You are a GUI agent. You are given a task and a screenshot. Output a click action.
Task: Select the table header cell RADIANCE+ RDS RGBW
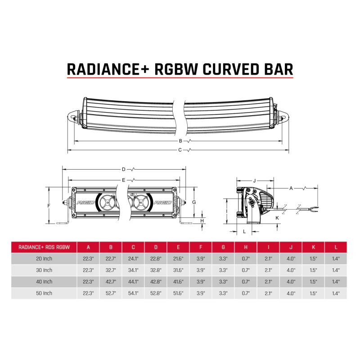pyautogui.click(x=44, y=247)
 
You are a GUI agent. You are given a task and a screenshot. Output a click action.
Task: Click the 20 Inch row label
pyautogui.click(x=44, y=258)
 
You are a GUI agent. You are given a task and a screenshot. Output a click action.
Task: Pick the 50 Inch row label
pyautogui.click(x=44, y=293)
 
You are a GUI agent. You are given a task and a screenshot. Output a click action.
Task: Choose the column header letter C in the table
pyautogui.click(x=134, y=247)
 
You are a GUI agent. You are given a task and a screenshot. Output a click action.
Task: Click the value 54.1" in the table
pyautogui.click(x=134, y=293)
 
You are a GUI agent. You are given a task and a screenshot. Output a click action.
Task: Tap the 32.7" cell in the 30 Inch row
pyautogui.click(x=111, y=270)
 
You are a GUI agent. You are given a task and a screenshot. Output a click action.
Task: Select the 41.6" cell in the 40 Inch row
pyautogui.click(x=179, y=282)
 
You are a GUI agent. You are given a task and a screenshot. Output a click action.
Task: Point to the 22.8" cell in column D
pyautogui.click(x=156, y=258)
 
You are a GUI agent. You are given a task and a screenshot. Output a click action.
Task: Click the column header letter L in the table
pyautogui.click(x=336, y=247)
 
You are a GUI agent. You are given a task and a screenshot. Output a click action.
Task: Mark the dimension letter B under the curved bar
pyautogui.click(x=181, y=141)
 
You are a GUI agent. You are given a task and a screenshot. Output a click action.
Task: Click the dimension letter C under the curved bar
pyautogui.click(x=180, y=150)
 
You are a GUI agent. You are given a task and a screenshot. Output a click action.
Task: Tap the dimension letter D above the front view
pyautogui.click(x=124, y=170)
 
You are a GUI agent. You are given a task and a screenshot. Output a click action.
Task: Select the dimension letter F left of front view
pyautogui.click(x=49, y=205)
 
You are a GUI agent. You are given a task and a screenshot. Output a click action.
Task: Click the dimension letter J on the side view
pyautogui.click(x=254, y=181)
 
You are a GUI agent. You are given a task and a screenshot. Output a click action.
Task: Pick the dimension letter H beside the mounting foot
pyautogui.click(x=202, y=220)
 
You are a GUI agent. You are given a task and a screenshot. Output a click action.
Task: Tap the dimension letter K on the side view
pyautogui.click(x=277, y=217)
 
